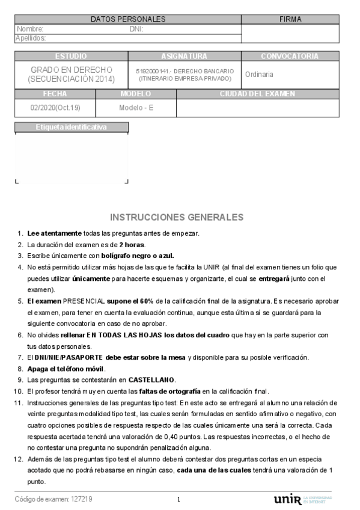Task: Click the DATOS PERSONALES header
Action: click(127, 19)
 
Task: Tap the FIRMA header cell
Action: click(290, 19)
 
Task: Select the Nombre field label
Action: click(30, 29)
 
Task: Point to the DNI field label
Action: click(136, 29)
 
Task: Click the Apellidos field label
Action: click(31, 38)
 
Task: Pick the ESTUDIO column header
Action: click(71, 56)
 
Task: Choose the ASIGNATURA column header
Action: click(185, 56)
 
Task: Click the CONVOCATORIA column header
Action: click(290, 56)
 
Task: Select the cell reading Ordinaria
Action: click(259, 75)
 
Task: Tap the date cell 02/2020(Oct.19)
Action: click(55, 108)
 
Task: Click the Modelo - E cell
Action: click(136, 108)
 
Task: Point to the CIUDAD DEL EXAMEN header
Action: click(257, 94)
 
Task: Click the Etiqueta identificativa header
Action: click(71, 127)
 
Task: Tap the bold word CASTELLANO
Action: click(150, 379)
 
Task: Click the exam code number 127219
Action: click(82, 499)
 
